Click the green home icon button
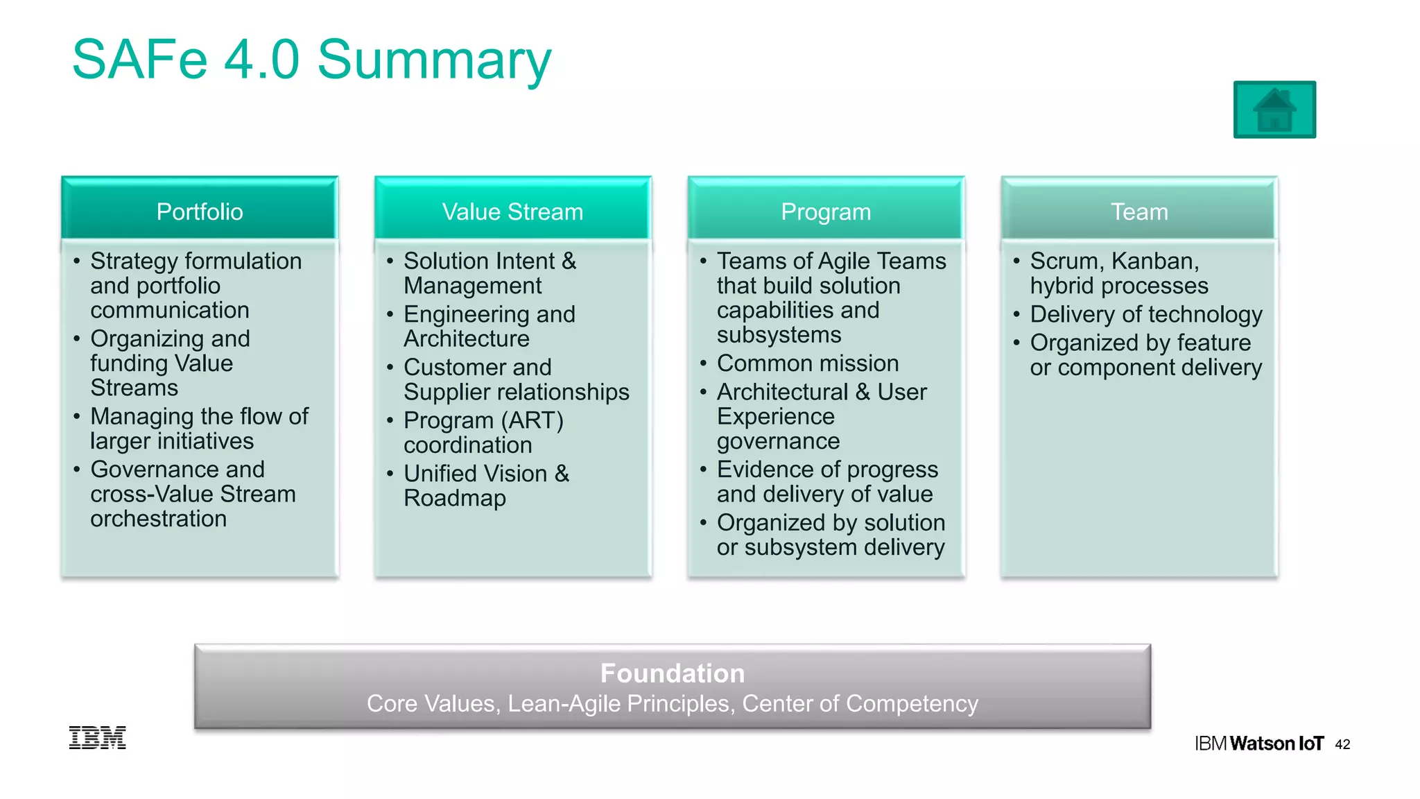[1274, 110]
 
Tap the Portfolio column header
[200, 212]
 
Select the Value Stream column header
[512, 212]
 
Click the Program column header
[825, 212]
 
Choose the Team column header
[1138, 212]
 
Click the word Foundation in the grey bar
[672, 673]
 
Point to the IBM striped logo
[97, 737]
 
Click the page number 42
[1342, 744]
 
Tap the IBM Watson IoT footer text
[1258, 744]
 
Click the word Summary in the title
[434, 61]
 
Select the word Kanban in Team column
[1154, 261]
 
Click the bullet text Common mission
[807, 363]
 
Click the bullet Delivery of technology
[1145, 314]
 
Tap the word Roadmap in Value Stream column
[455, 498]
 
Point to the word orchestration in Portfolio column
[158, 519]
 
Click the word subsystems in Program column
[779, 335]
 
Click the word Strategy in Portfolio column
[135, 261]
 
